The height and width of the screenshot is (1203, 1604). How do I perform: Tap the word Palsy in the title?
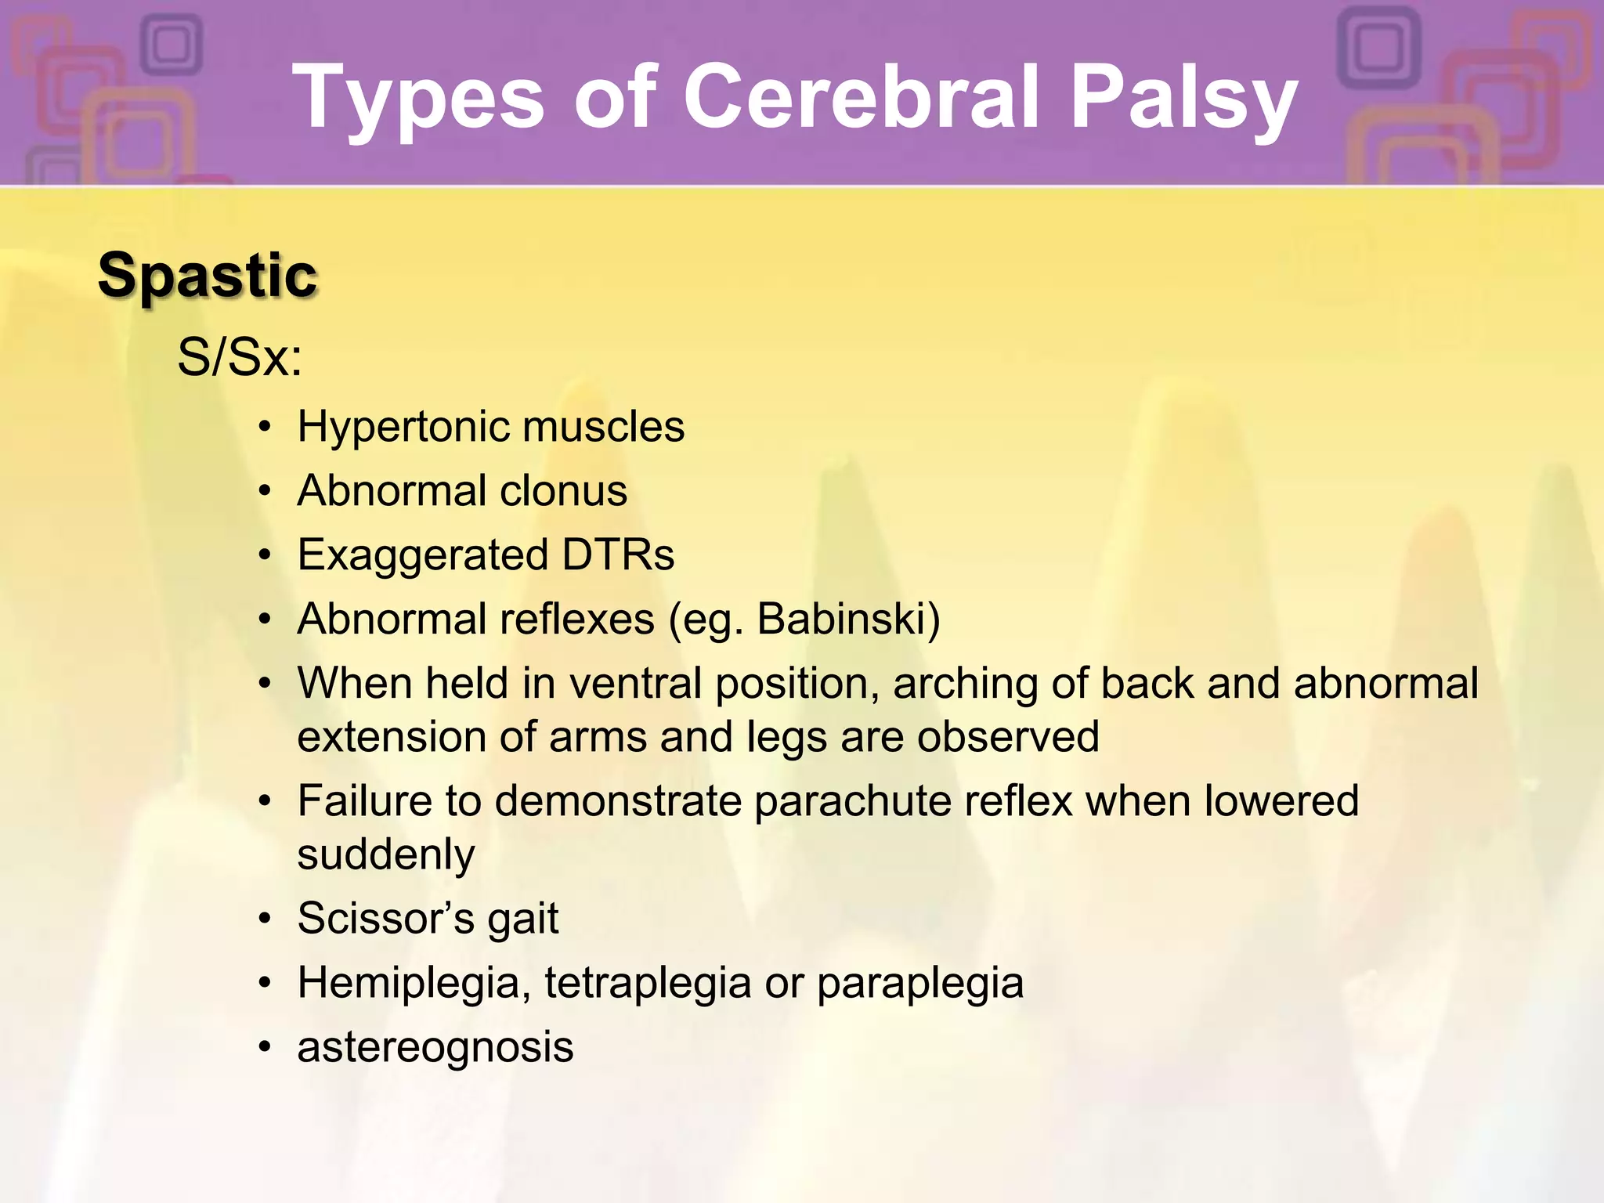click(1183, 99)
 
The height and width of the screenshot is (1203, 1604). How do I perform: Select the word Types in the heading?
click(417, 99)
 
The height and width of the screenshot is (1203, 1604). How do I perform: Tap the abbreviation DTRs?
click(618, 555)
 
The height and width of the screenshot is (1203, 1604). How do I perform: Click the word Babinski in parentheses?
click(842, 620)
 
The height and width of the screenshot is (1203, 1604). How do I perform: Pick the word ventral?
click(635, 683)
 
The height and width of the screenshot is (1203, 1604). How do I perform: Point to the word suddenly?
click(386, 855)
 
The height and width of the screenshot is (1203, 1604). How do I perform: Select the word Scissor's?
click(385, 918)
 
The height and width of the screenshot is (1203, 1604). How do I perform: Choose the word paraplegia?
click(920, 984)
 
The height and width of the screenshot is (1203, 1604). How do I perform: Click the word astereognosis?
click(435, 1048)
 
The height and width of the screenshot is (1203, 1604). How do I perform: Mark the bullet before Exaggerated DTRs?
click(266, 556)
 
